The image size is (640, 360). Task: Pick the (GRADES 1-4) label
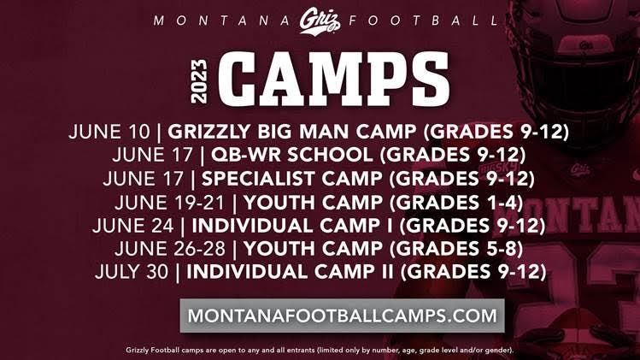point(459,203)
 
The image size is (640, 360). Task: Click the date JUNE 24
point(138,226)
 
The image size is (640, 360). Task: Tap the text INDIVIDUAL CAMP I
point(294,226)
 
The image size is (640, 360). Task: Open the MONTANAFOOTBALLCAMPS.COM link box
point(342,315)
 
